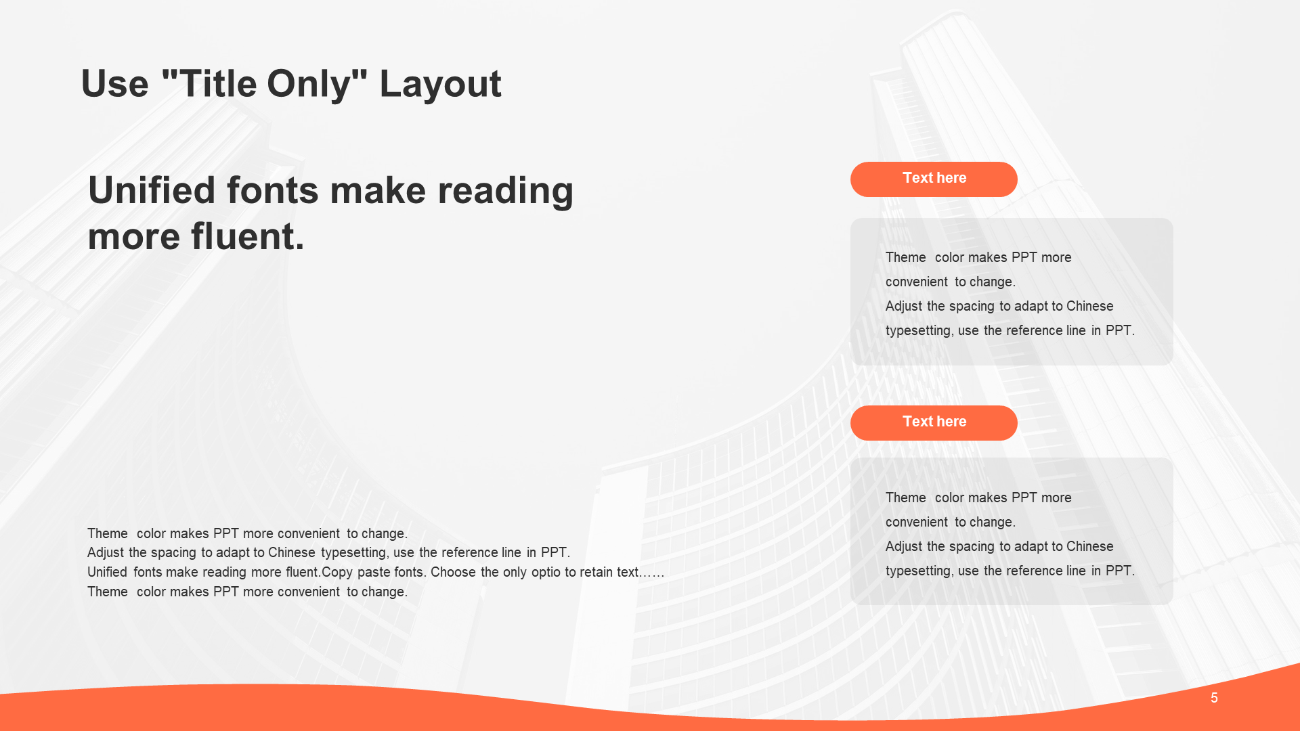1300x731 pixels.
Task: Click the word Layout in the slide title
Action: [x=440, y=85]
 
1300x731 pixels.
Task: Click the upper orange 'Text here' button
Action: [x=934, y=179]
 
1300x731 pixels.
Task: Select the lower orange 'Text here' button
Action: [x=934, y=423]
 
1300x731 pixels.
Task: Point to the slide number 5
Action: [x=1214, y=698]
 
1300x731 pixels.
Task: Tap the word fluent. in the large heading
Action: [x=247, y=236]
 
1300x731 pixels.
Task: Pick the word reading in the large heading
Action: [x=505, y=192]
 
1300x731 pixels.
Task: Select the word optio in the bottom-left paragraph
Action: [x=546, y=573]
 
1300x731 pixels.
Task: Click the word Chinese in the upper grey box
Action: [x=1089, y=306]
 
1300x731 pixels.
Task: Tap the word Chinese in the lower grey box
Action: [x=1089, y=546]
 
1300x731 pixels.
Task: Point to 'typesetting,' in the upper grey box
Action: [x=919, y=331]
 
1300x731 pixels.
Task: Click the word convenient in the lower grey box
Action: [x=917, y=522]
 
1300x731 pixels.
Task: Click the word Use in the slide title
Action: [x=114, y=84]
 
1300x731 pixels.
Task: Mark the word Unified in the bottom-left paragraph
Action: [x=107, y=572]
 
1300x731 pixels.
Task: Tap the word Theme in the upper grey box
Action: [x=905, y=257]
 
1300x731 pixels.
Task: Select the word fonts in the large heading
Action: [x=272, y=190]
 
